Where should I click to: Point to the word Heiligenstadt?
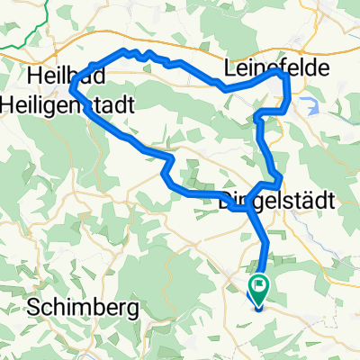click(x=82, y=105)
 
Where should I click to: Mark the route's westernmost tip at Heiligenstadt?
click(x=70, y=88)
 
